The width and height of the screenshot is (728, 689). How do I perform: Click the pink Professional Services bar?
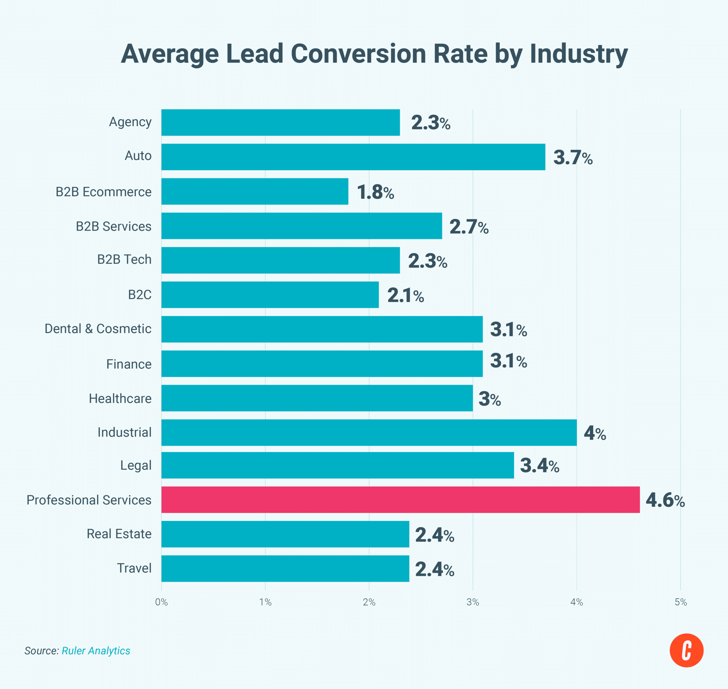[x=400, y=500]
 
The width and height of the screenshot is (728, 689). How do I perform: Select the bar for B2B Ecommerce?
[x=255, y=191]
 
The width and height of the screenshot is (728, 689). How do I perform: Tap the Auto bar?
[x=353, y=157]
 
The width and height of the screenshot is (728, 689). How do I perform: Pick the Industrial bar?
[x=369, y=432]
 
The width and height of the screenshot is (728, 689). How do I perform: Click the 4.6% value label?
[x=665, y=500]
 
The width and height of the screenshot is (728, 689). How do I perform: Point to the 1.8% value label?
[x=375, y=192]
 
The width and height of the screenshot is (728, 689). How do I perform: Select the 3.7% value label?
[x=573, y=158]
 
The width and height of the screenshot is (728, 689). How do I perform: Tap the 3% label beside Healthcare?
[x=489, y=399]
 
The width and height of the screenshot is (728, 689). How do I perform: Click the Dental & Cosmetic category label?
[x=98, y=329]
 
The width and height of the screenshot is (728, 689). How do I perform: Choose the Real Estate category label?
[x=119, y=534]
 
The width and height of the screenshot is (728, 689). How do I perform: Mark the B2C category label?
[x=139, y=295]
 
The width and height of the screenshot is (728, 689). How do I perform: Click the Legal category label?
[x=136, y=465]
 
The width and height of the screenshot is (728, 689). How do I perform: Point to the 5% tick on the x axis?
[x=680, y=602]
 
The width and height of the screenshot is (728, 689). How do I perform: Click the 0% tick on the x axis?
[x=161, y=602]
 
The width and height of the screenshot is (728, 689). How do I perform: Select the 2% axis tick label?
[x=369, y=602]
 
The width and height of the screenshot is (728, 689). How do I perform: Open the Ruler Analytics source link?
[x=96, y=650]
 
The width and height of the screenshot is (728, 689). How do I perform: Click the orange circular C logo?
[x=686, y=650]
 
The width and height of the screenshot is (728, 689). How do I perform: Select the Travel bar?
[x=285, y=568]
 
